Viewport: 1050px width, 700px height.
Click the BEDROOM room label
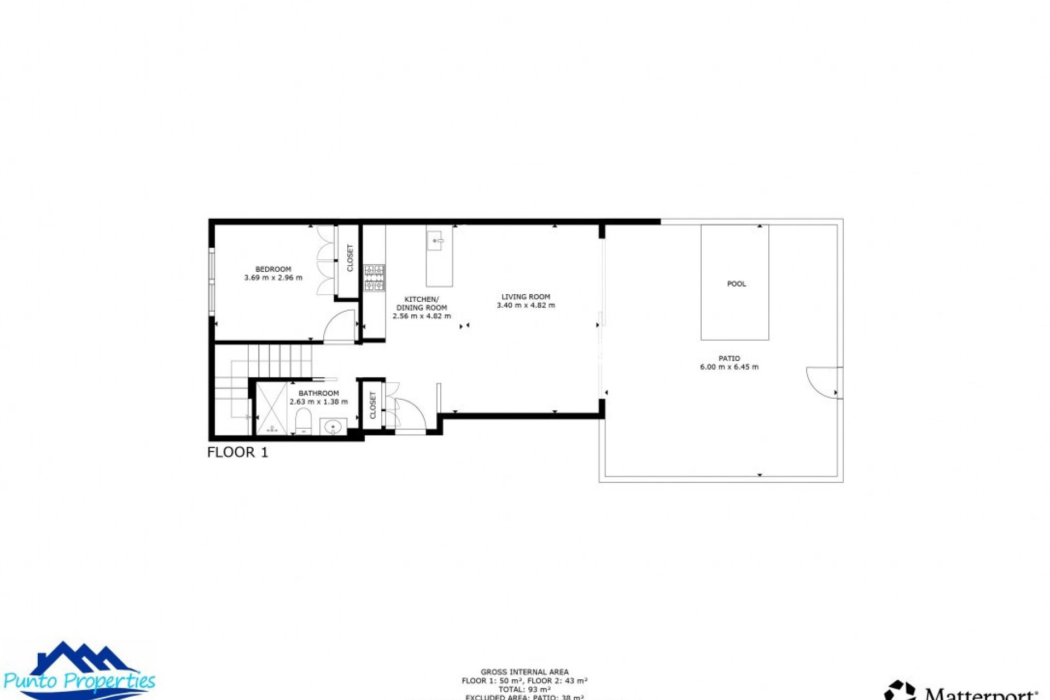coord(273,269)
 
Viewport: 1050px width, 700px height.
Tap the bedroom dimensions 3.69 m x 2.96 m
coord(273,278)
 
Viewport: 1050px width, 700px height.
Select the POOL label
coord(736,284)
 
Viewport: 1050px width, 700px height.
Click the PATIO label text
coord(729,358)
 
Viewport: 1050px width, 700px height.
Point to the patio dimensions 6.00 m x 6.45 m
coord(729,367)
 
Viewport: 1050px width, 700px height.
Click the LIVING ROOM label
coord(526,297)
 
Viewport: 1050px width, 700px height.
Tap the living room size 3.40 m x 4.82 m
coord(526,306)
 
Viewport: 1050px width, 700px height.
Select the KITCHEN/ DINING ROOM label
coord(421,304)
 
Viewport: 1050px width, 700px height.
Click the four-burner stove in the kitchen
coord(375,277)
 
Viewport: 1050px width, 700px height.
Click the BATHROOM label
coord(318,393)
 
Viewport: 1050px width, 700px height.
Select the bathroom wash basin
coord(333,427)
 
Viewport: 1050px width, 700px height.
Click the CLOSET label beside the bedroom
coord(350,258)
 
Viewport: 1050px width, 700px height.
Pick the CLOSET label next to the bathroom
coord(373,405)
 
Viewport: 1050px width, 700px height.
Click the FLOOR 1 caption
coord(237,452)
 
